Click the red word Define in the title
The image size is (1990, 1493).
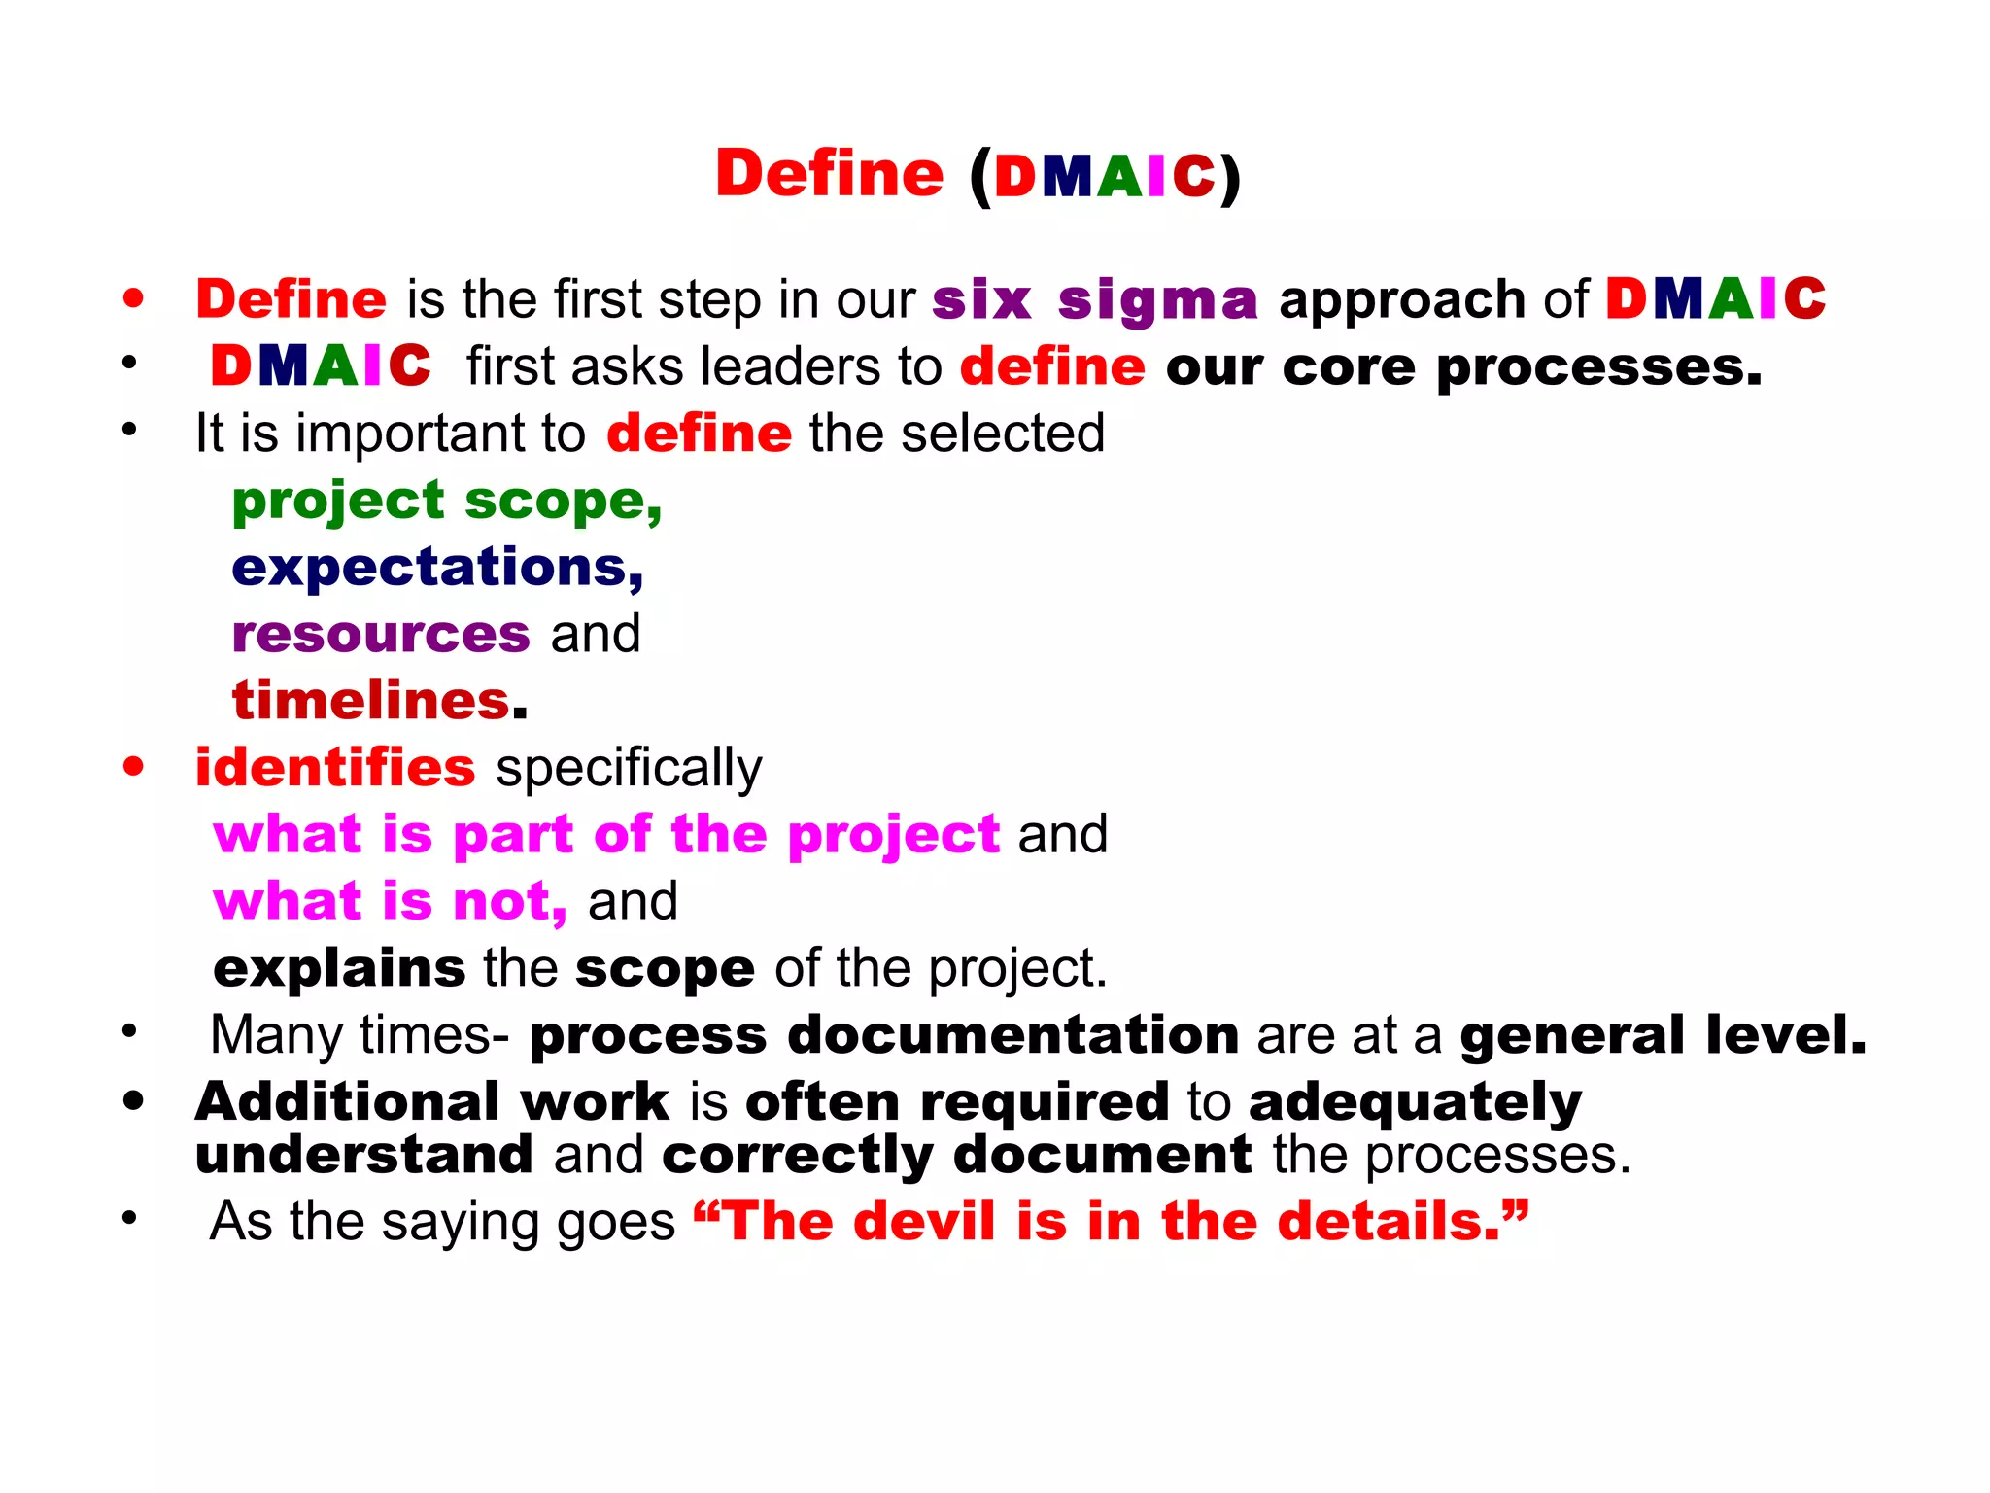pos(829,174)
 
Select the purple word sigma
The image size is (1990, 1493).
pos(1157,300)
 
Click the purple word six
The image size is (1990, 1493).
pos(980,300)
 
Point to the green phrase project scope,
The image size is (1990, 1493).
pos(447,503)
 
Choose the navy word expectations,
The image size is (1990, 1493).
pos(437,568)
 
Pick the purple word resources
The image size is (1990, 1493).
pos(381,635)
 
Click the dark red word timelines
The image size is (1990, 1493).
pos(371,701)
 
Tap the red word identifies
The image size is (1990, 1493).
pos(335,768)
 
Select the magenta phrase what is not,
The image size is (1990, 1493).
pos(391,901)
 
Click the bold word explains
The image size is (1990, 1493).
pos(339,969)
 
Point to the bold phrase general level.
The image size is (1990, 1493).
pos(1663,1035)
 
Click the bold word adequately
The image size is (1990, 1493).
pos(1415,1103)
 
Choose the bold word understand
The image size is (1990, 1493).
pos(364,1156)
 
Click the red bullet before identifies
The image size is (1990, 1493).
pos(134,767)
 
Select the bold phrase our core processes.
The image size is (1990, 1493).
pos(1463,368)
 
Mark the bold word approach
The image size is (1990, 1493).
pos(1402,300)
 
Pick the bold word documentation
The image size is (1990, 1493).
pos(1012,1035)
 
